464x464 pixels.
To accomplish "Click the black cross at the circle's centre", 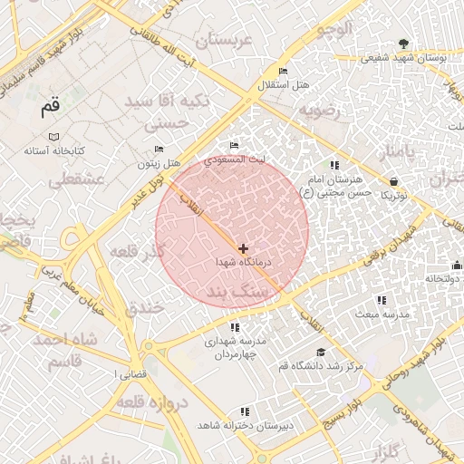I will coord(243,247).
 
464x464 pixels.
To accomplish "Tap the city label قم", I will coord(52,108).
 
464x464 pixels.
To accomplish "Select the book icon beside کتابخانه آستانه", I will coord(54,136).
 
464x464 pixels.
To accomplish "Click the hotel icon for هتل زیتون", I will coord(159,150).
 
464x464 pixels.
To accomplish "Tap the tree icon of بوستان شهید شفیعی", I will coord(403,43).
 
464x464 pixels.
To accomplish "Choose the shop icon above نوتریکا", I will coord(393,181).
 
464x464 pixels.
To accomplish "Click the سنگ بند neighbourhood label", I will coord(244,293).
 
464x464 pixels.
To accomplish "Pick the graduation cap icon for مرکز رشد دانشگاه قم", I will coord(320,352).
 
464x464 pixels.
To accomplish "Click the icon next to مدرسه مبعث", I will coord(381,300).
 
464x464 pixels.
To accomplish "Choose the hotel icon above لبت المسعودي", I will coord(235,146).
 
